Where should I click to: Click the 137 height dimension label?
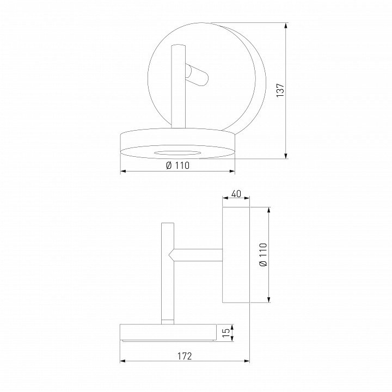pos(280,90)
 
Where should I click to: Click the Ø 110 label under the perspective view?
pos(177,166)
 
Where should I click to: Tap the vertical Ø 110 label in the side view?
pos(264,254)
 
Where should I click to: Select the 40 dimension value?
pos(236,193)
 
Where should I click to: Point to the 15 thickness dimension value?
pos(226,332)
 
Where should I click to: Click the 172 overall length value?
pos(185,356)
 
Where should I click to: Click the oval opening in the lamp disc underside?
pos(177,153)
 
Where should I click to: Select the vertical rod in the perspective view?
pos(178,87)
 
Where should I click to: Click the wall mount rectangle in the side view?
pos(236,255)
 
